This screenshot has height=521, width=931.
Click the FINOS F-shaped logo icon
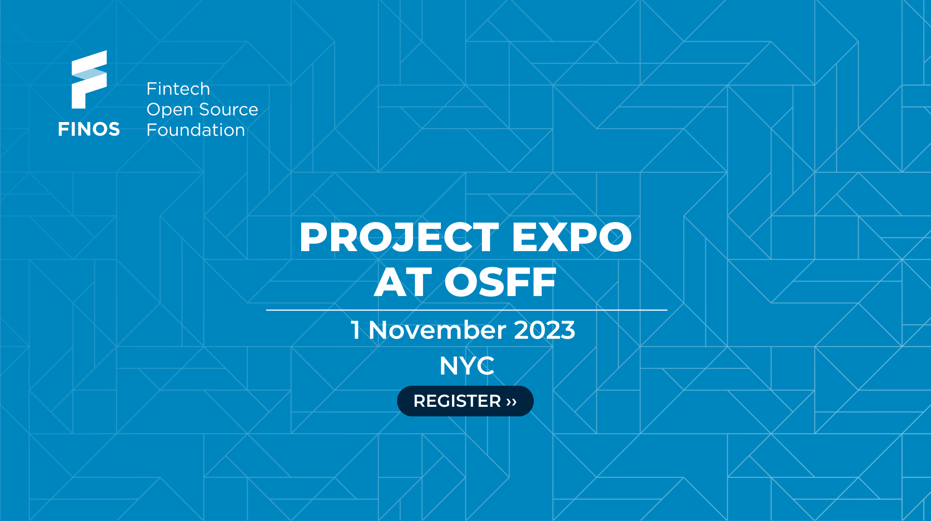(x=89, y=79)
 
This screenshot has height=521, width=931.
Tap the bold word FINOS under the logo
(x=89, y=129)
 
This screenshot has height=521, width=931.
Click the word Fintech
(x=178, y=89)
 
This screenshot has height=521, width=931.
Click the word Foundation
(x=196, y=130)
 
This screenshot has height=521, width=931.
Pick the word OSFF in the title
(x=500, y=283)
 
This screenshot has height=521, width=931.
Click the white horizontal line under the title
(x=467, y=310)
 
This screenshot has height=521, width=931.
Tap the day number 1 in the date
(x=356, y=330)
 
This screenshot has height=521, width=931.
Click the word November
(x=437, y=330)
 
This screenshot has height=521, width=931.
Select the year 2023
(x=545, y=330)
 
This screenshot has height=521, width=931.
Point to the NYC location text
(x=467, y=366)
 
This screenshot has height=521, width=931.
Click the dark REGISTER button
(x=465, y=401)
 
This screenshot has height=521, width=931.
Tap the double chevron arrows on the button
(x=512, y=402)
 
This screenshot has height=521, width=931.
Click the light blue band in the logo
(x=89, y=74)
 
